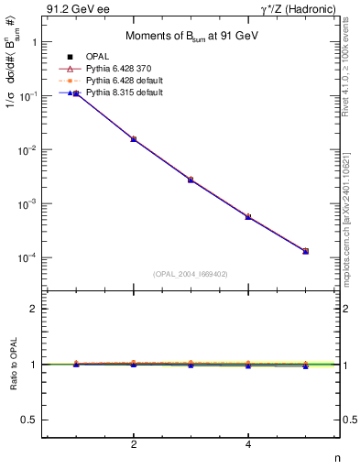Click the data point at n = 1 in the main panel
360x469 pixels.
pos(76,93)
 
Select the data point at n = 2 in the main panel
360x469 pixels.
pos(134,139)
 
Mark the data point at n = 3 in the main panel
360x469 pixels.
pos(191,180)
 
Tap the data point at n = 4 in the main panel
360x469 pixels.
pos(248,216)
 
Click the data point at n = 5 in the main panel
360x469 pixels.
pos(305,251)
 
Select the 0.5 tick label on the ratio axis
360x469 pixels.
pos(29,420)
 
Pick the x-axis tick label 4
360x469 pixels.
pos(248,445)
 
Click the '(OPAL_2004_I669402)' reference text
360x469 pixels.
pos(191,272)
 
